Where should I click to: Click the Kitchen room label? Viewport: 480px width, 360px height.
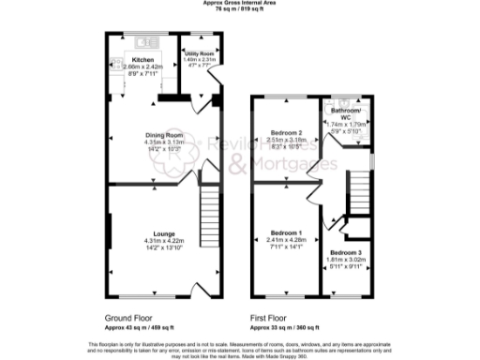pyautogui.click(x=142, y=59)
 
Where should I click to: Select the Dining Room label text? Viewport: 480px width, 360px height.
pyautogui.click(x=162, y=135)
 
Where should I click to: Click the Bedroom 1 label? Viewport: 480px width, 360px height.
pyautogui.click(x=286, y=232)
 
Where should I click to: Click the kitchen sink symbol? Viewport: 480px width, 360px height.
pyautogui.click(x=146, y=41)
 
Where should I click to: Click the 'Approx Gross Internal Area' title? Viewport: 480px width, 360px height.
pyautogui.click(x=239, y=3)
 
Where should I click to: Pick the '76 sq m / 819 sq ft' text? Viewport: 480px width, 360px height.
pyautogui.click(x=239, y=9)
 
